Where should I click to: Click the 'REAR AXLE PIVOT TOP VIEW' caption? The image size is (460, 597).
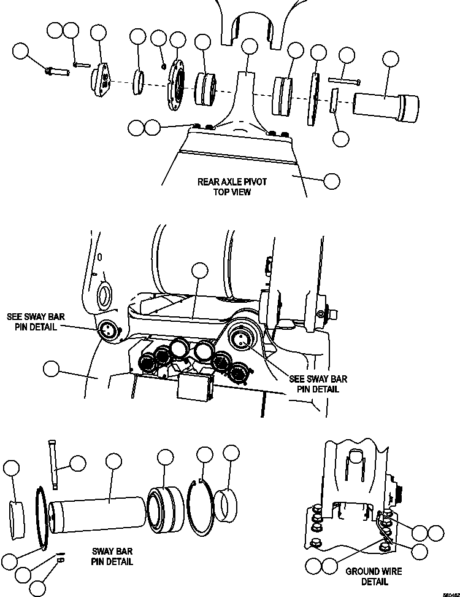click(224, 187)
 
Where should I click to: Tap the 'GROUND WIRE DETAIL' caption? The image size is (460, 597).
click(374, 576)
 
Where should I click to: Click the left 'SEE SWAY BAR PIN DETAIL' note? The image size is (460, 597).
click(35, 321)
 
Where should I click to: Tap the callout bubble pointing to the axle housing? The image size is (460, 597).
click(331, 181)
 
